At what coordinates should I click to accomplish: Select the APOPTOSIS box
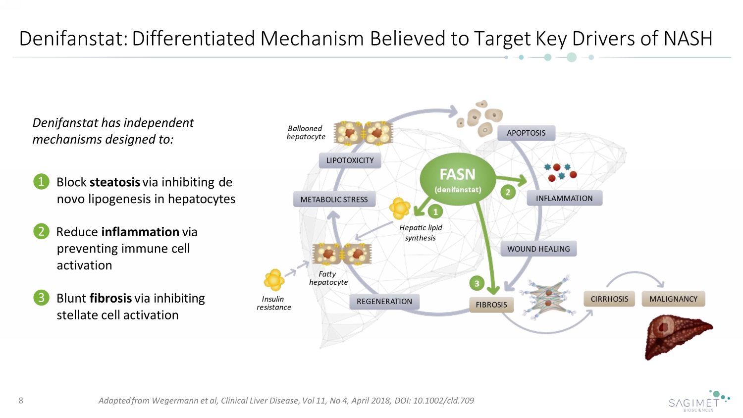click(526, 133)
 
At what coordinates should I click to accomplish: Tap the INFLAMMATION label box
click(564, 198)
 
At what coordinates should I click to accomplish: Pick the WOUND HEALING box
click(538, 249)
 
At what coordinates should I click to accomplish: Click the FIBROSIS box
click(491, 305)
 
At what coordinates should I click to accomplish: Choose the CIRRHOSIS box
click(609, 299)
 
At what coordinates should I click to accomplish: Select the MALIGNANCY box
click(673, 299)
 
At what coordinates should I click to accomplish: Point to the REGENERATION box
click(384, 301)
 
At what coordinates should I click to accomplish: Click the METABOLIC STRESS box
click(334, 199)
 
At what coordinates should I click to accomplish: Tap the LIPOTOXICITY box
click(350, 160)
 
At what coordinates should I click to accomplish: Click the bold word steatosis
click(115, 182)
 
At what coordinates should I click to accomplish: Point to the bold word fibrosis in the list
click(111, 298)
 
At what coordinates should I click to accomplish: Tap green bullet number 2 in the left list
click(41, 231)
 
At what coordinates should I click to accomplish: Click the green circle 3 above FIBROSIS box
click(477, 283)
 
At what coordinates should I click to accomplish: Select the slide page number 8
click(21, 400)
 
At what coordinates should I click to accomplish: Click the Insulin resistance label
click(273, 303)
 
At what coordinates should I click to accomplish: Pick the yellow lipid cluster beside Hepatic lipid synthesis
click(400, 208)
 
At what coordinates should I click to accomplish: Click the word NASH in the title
click(688, 39)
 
